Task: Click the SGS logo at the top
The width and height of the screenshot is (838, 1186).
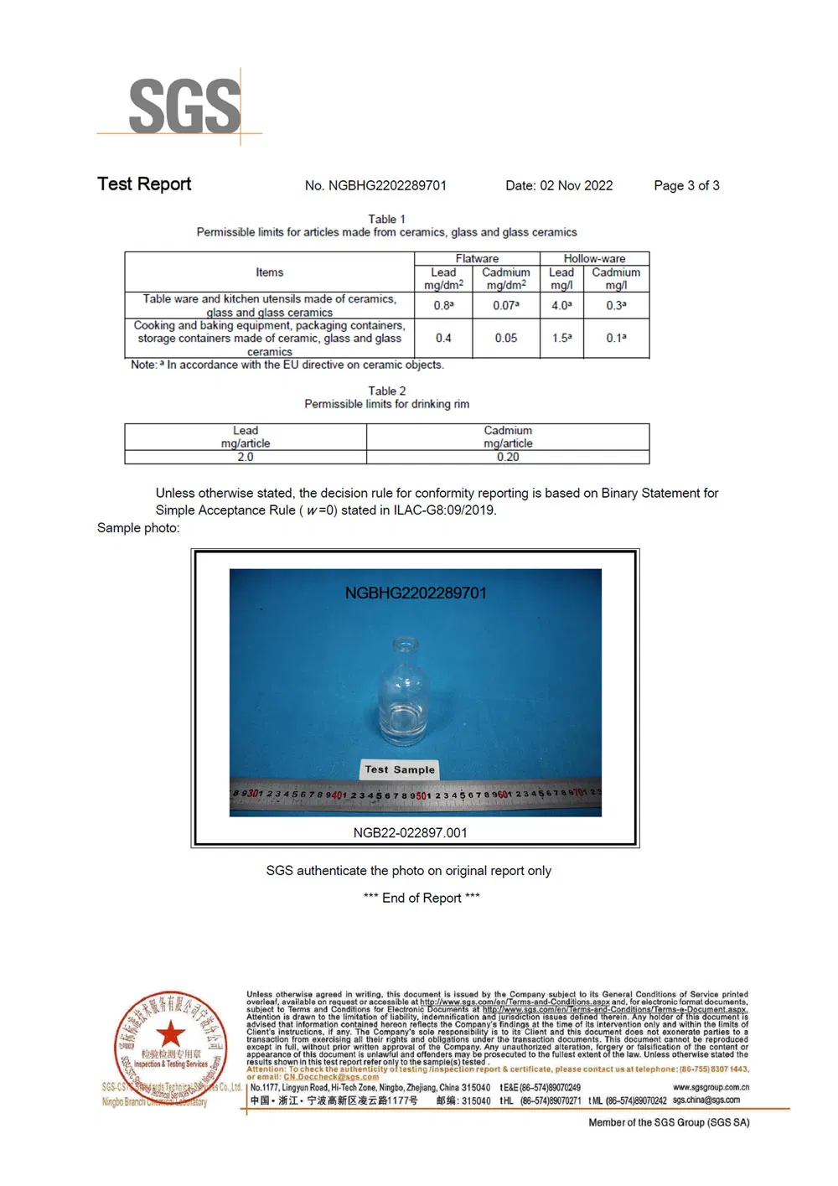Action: pos(184,106)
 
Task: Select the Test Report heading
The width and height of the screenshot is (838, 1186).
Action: pos(144,184)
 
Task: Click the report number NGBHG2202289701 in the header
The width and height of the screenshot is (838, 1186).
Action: pos(375,185)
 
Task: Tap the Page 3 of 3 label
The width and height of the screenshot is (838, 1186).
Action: pos(686,185)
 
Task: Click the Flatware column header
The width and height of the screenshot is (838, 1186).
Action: pos(477,259)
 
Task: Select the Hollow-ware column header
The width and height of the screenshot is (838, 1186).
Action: pos(594,259)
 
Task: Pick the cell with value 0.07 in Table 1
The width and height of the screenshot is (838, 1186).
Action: pos(505,305)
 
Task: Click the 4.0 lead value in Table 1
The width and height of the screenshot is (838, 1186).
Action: pos(561,305)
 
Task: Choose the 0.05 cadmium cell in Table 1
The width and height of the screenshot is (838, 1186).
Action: pos(505,338)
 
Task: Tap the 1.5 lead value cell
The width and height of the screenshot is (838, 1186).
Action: pos(561,338)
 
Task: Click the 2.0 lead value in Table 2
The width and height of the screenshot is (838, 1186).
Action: pos(245,457)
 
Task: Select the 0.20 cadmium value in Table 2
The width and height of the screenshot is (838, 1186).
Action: pos(508,457)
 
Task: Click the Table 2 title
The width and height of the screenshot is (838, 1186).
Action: pos(386,391)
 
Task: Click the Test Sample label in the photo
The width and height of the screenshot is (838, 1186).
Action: pos(400,769)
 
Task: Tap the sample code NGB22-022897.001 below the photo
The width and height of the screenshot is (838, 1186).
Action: pos(410,832)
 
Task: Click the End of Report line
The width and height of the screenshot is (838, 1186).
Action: pos(422,898)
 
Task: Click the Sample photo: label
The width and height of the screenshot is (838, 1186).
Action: pos(138,528)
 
